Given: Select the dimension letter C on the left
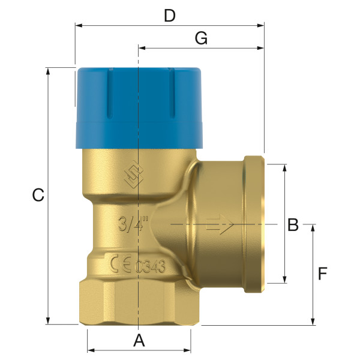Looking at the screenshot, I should pos(38,195).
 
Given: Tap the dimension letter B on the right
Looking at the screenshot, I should pos(293,225).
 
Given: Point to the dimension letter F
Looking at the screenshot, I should pos(322,274).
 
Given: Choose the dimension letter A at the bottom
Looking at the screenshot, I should pos(139,340).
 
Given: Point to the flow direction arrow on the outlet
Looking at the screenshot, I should pos(220,226).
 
